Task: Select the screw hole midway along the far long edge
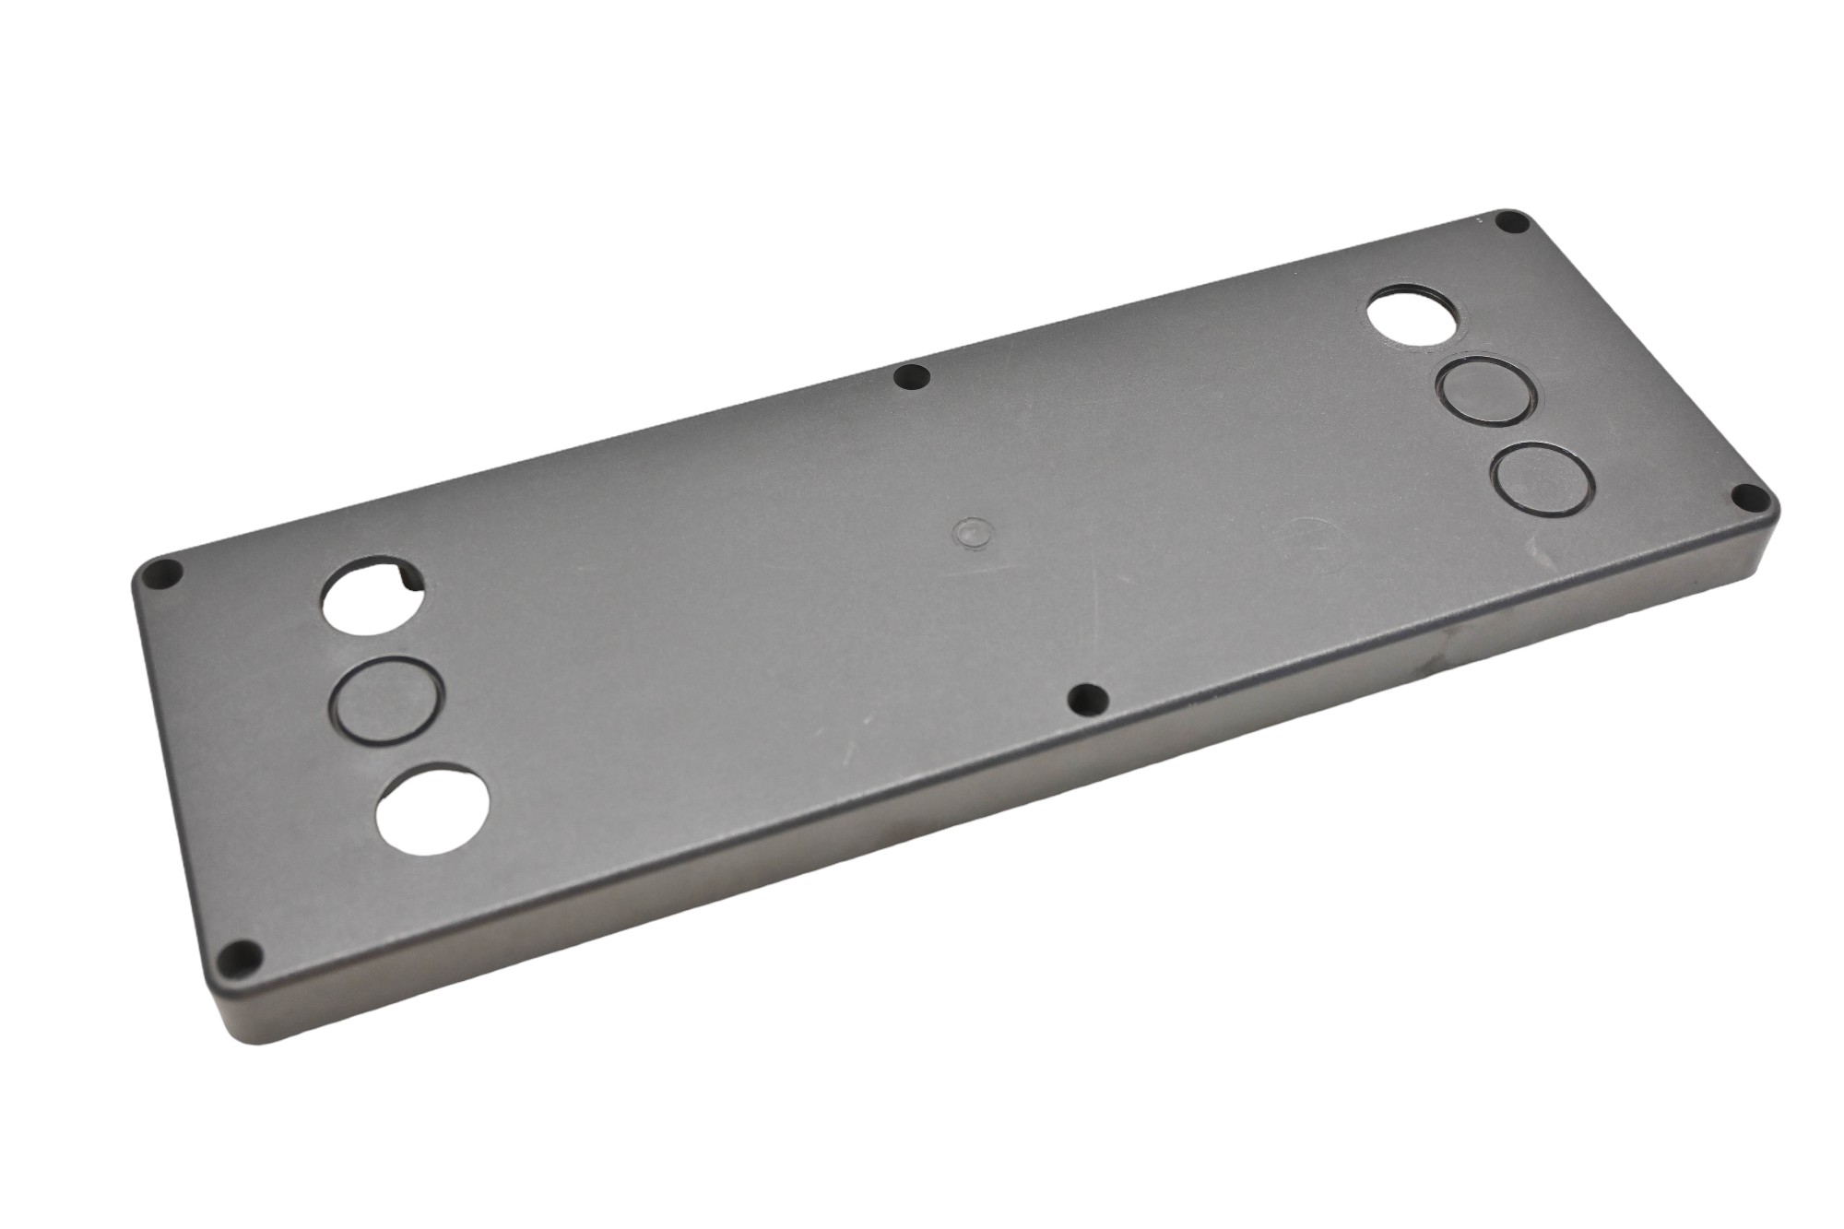912,376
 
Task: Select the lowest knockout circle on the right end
1542,478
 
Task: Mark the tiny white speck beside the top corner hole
1476,221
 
